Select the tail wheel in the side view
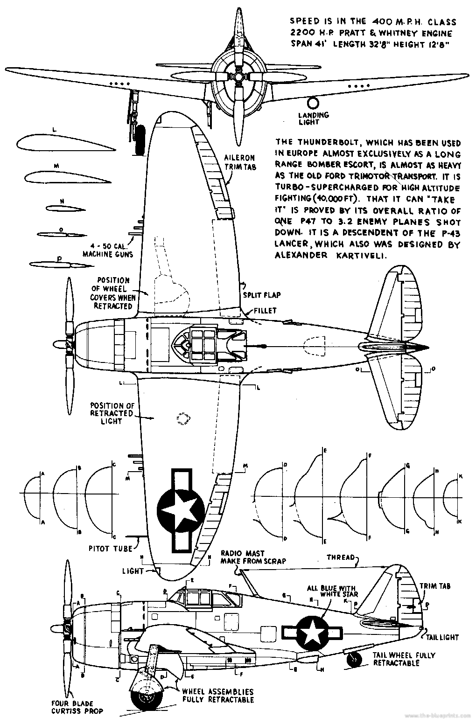(355, 659)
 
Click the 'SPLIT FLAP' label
(262, 295)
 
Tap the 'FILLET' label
(266, 310)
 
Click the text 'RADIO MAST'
(236, 553)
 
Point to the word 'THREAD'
(340, 557)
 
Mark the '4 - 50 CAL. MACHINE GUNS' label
(108, 250)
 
